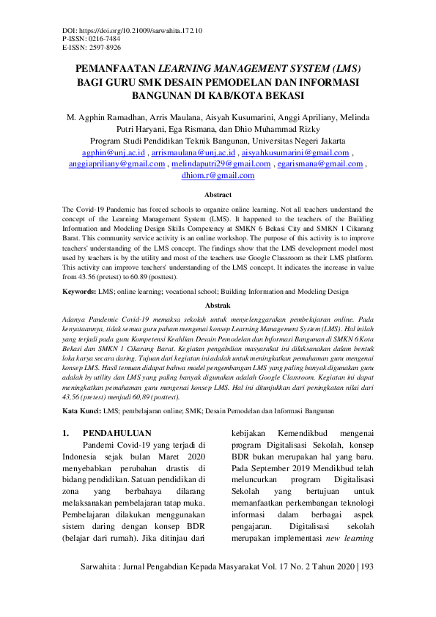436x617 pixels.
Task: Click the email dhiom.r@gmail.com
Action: coord(218,176)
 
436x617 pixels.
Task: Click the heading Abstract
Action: coord(218,195)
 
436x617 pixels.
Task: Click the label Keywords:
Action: coord(78,291)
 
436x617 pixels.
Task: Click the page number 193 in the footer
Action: coord(367,567)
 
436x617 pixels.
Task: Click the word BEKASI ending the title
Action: coord(281,96)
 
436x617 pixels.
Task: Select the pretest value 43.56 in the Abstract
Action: coord(88,277)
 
